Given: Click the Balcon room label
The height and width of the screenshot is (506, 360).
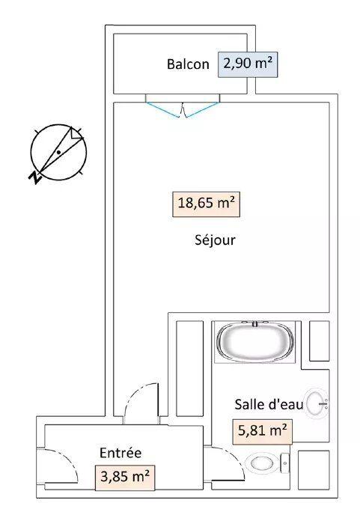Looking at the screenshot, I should (x=188, y=64).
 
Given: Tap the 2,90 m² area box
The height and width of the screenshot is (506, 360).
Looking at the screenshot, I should (x=247, y=64).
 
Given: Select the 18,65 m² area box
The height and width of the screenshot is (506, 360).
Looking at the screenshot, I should (x=208, y=202).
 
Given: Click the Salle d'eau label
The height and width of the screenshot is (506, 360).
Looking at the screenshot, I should (x=269, y=404).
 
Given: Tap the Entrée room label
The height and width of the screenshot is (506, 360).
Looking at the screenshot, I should (x=120, y=452).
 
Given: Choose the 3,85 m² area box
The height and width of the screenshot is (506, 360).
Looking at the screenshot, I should (x=123, y=476).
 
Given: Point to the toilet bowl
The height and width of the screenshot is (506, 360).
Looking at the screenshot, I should (x=262, y=463).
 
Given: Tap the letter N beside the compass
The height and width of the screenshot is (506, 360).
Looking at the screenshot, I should (x=33, y=177).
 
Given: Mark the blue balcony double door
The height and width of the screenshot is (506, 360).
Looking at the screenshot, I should (x=182, y=109).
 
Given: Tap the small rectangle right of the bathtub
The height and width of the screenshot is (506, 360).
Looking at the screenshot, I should (x=320, y=341).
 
